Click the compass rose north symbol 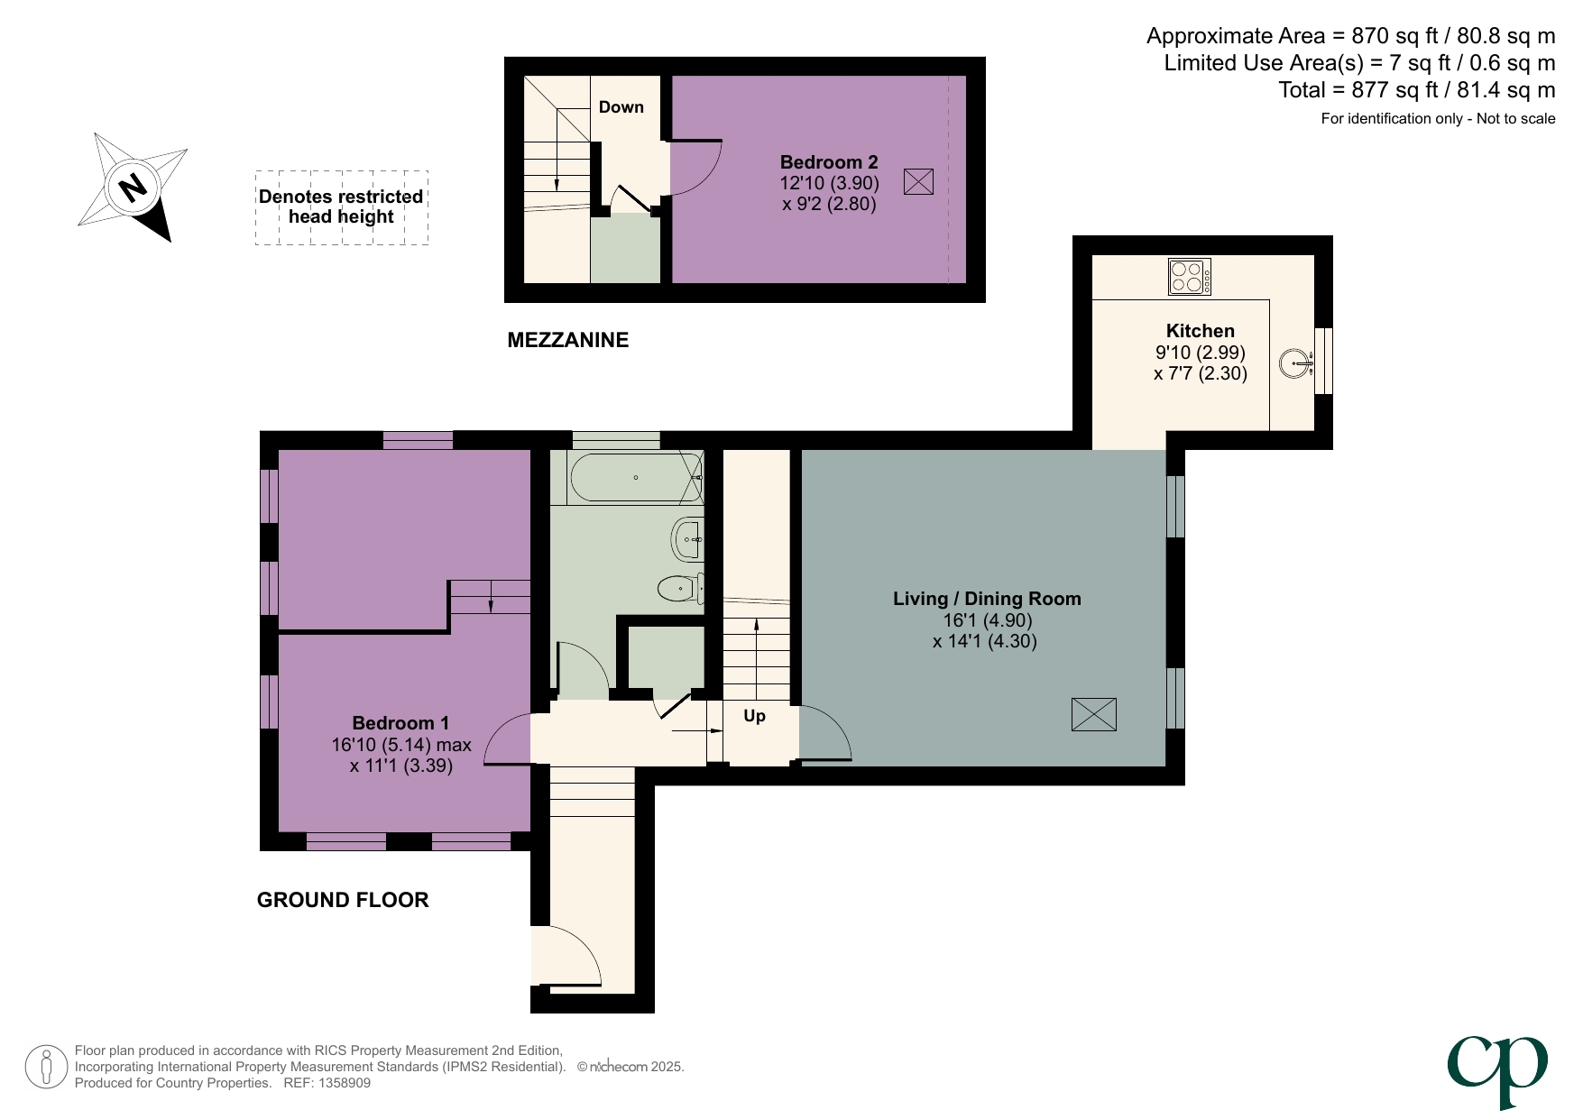(133, 188)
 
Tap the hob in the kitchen (1189, 277)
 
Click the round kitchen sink (1294, 363)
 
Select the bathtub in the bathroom (635, 477)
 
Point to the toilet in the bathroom (679, 589)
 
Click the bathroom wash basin (687, 539)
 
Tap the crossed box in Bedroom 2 (917, 182)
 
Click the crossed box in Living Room (1093, 714)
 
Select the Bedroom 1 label (400, 723)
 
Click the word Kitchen (1200, 331)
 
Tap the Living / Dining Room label (987, 599)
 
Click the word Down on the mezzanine (621, 107)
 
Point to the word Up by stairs (754, 716)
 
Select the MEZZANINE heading (567, 340)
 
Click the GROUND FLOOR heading (342, 900)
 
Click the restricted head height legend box (341, 207)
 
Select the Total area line (1416, 90)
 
